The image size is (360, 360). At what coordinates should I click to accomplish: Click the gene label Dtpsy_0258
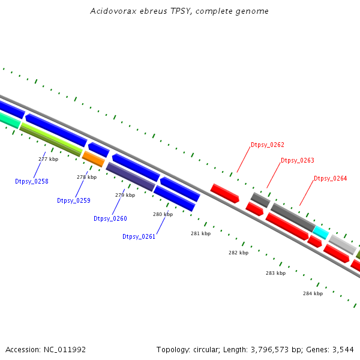pyautogui.click(x=32, y=181)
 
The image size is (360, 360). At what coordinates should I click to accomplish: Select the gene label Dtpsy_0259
pyautogui.click(x=74, y=200)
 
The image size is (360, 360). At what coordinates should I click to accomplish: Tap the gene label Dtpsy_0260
pyautogui.click(x=110, y=218)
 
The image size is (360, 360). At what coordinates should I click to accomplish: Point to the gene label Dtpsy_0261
pyautogui.click(x=139, y=236)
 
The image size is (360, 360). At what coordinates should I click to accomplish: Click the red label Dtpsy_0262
pyautogui.click(x=268, y=145)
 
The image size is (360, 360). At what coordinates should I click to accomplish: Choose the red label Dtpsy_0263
pyautogui.click(x=298, y=160)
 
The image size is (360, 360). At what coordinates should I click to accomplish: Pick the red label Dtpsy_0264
pyautogui.click(x=331, y=178)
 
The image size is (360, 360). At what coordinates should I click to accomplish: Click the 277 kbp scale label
pyautogui.click(x=48, y=159)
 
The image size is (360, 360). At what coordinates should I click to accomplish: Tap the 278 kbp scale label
pyautogui.click(x=86, y=177)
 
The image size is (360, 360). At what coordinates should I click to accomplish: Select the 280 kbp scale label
pyautogui.click(x=163, y=214)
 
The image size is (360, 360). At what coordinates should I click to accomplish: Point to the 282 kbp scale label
pyautogui.click(x=238, y=253)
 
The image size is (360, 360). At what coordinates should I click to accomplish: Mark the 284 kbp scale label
pyautogui.click(x=313, y=293)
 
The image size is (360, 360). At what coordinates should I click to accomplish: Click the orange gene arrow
pyautogui.click(x=93, y=159)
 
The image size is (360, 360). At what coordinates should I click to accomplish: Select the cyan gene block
pyautogui.click(x=320, y=233)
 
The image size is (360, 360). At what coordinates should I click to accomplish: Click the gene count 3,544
pyautogui.click(x=342, y=349)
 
